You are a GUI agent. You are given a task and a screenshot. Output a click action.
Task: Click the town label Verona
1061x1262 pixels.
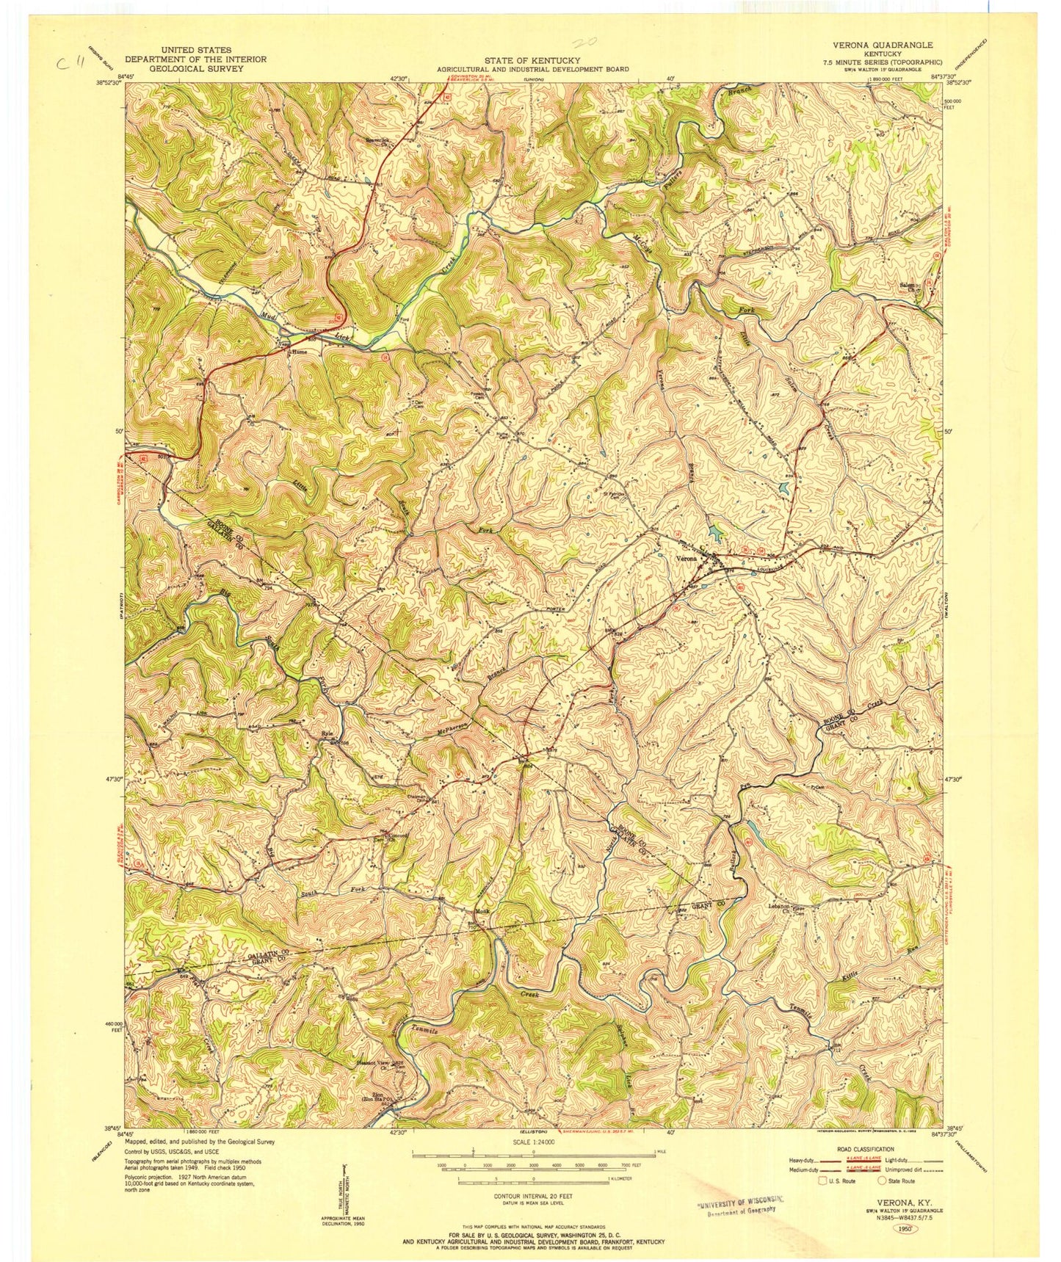[x=685, y=559]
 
